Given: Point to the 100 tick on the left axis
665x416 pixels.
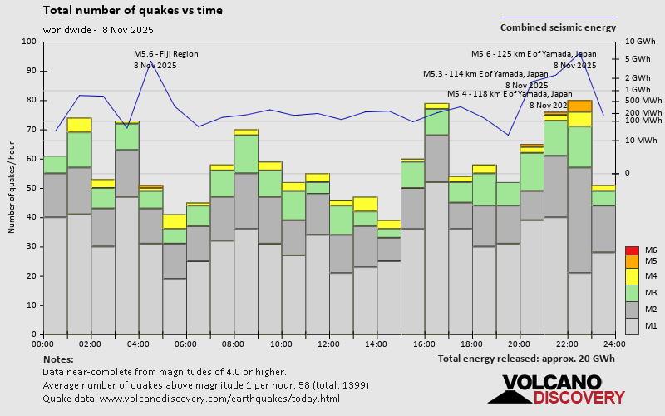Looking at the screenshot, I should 29,42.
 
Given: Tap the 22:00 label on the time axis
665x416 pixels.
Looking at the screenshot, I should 567,344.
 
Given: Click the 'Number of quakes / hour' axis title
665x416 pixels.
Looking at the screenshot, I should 12,187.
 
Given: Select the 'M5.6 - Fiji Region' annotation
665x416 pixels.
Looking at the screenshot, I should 166,54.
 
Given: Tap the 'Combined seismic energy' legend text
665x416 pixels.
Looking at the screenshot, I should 558,27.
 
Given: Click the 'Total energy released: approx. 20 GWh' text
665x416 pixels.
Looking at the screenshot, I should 527,359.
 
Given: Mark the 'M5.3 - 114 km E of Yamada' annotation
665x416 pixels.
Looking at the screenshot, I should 485,74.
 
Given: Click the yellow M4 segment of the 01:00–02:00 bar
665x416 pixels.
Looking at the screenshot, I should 79,125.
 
